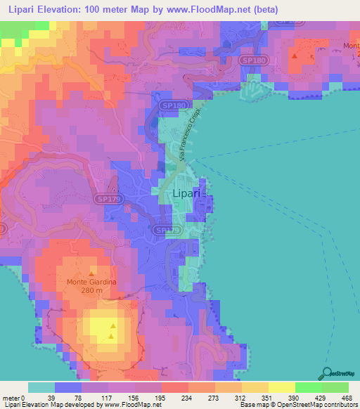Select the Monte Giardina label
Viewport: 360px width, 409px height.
pyautogui.click(x=91, y=283)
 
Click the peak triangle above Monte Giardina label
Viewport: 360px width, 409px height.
pyautogui.click(x=91, y=273)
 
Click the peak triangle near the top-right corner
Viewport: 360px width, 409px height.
pyautogui.click(x=295, y=55)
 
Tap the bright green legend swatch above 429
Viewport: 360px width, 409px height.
pyautogui.click(x=308, y=387)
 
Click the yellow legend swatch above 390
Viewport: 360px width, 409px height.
pyautogui.click(x=281, y=387)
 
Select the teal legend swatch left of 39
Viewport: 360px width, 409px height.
pyautogui.click(x=41, y=387)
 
